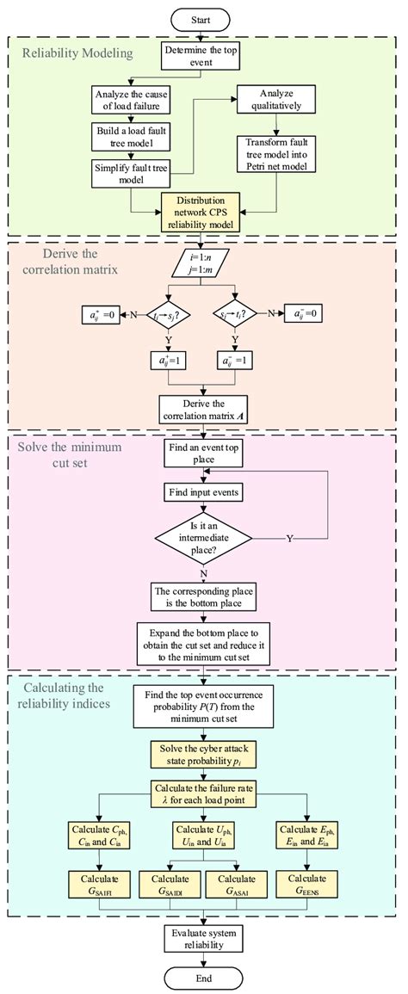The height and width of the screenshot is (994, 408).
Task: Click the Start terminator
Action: (203, 16)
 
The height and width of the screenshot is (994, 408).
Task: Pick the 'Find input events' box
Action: (203, 493)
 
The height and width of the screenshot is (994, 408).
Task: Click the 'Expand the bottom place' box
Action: (203, 642)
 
